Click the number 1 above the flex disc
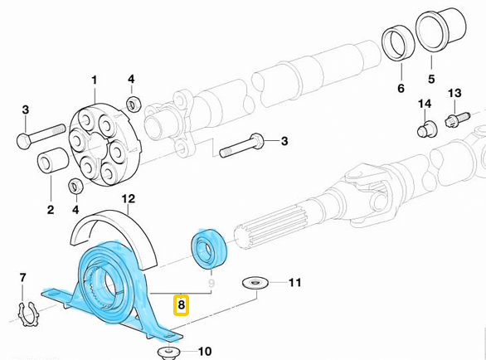[94, 80]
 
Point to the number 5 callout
[430, 80]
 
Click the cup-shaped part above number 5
[433, 37]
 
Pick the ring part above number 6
[396, 46]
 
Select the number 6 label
[400, 88]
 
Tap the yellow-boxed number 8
[181, 305]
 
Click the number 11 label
[295, 284]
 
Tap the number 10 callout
[206, 351]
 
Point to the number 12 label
[128, 198]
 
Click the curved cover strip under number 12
[116, 226]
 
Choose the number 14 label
[425, 104]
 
